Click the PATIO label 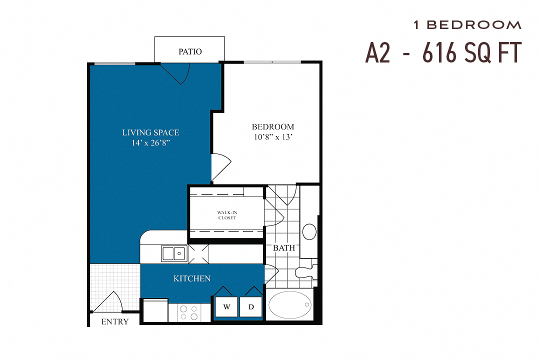click(x=190, y=51)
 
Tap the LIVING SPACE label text click(x=150, y=132)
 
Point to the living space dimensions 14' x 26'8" click(x=150, y=142)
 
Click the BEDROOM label click(x=272, y=126)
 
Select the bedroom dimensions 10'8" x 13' click(x=272, y=136)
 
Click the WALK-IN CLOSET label click(x=226, y=215)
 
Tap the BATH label click(x=283, y=247)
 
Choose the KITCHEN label click(x=192, y=278)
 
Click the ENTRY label click(x=114, y=321)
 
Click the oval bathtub click(x=290, y=305)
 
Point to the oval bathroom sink click(x=309, y=231)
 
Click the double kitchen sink click(x=173, y=253)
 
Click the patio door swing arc click(x=176, y=73)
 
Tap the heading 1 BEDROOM click(x=467, y=24)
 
